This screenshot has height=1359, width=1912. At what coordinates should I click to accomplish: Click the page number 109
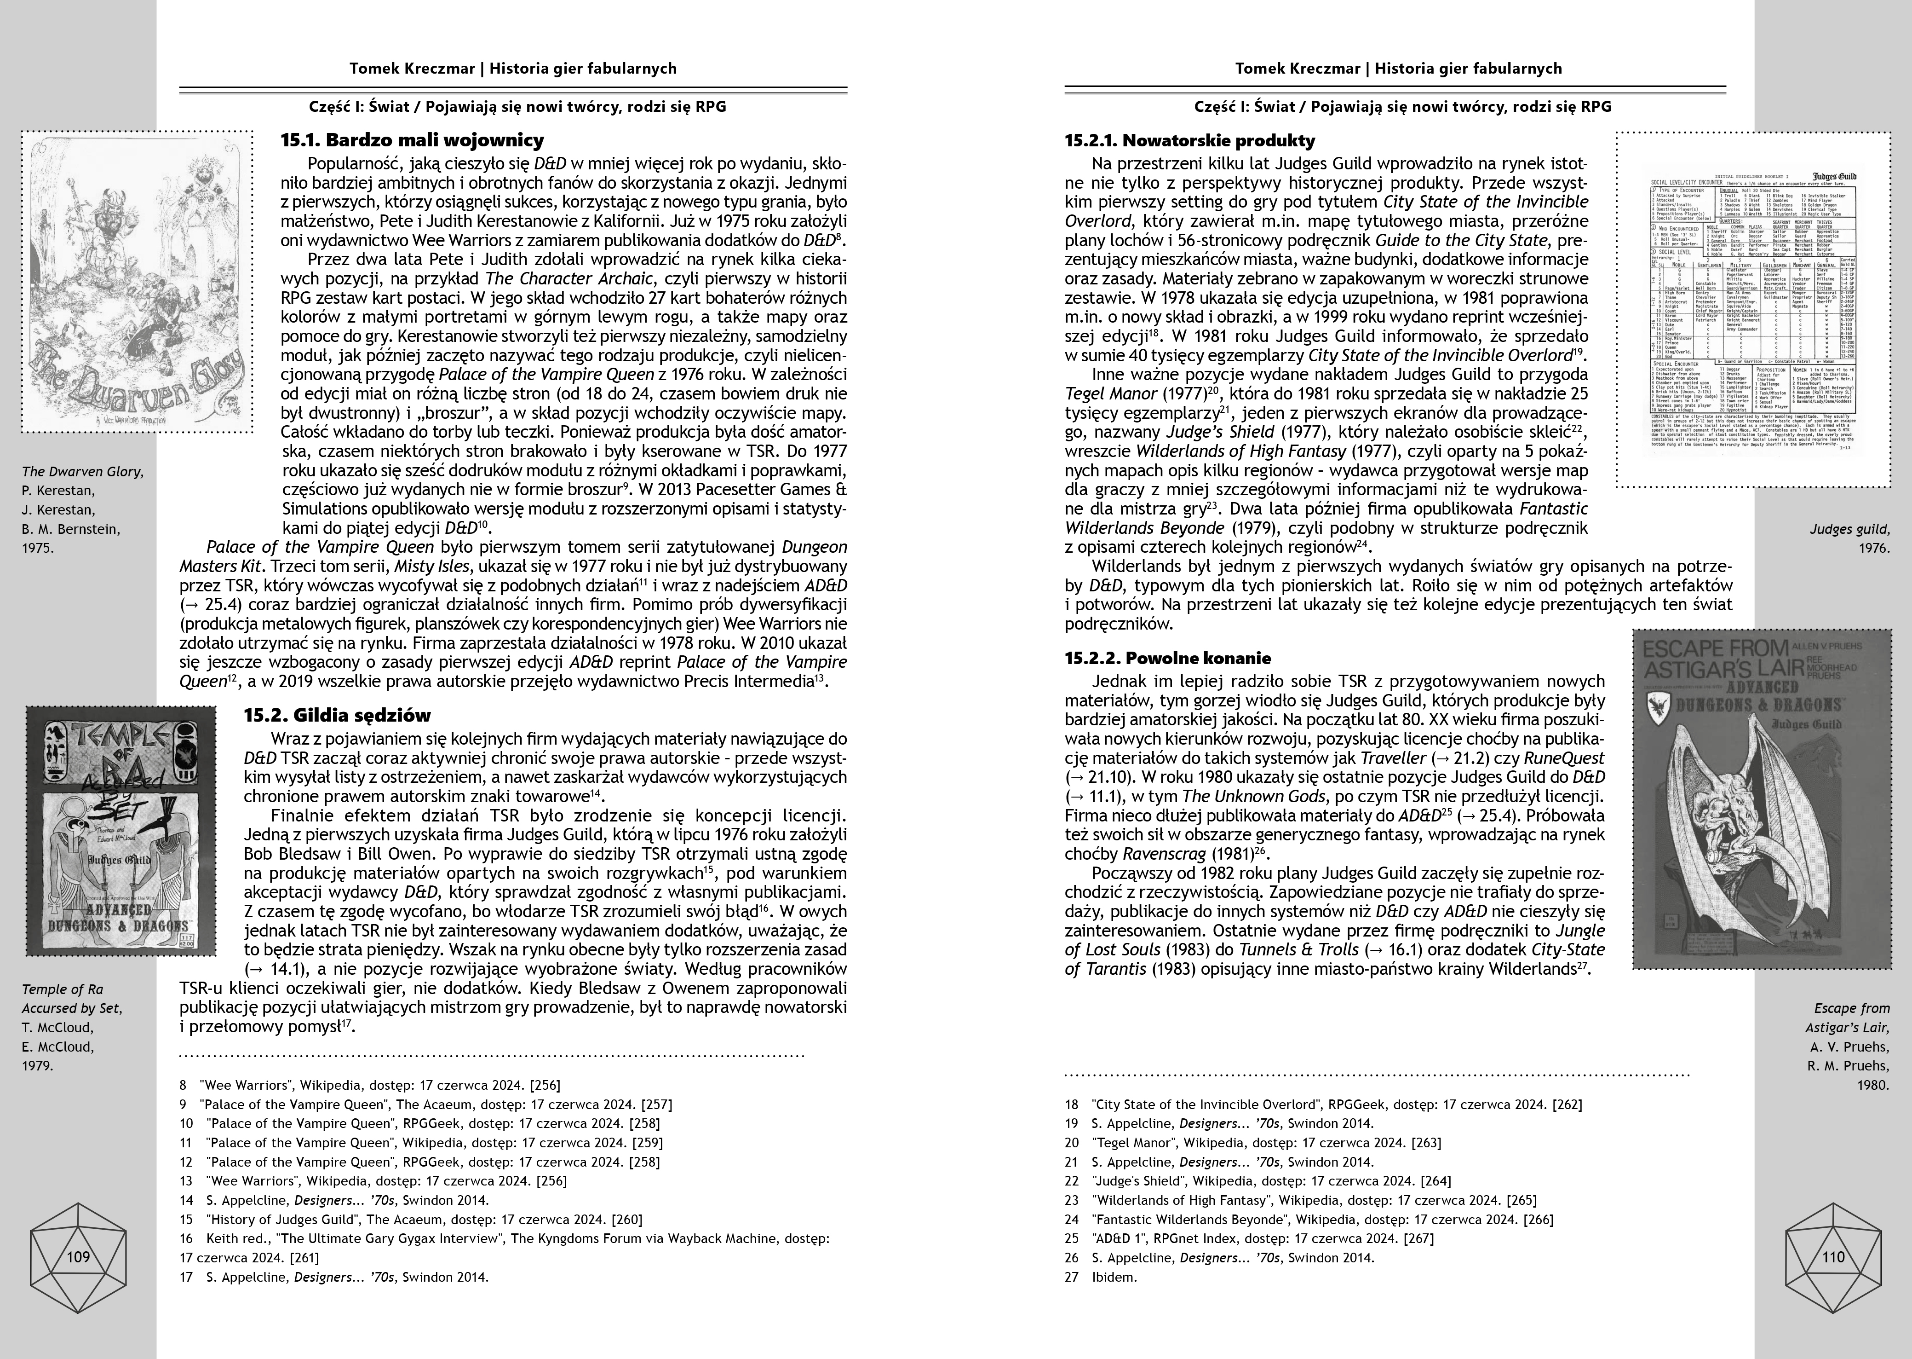click(78, 1256)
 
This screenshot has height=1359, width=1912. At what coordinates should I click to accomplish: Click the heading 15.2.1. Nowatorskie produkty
click(1189, 140)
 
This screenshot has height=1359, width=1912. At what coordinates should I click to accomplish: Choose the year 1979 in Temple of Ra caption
click(38, 1065)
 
